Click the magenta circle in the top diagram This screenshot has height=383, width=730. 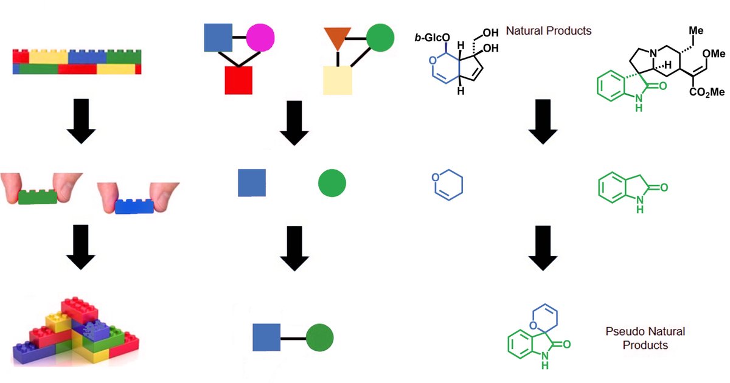260,38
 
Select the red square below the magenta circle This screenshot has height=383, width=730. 238,80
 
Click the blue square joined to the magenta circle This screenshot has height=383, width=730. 218,38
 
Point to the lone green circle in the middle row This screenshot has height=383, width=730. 332,184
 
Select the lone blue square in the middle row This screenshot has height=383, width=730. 252,184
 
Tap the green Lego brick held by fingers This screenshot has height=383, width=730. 38,198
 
